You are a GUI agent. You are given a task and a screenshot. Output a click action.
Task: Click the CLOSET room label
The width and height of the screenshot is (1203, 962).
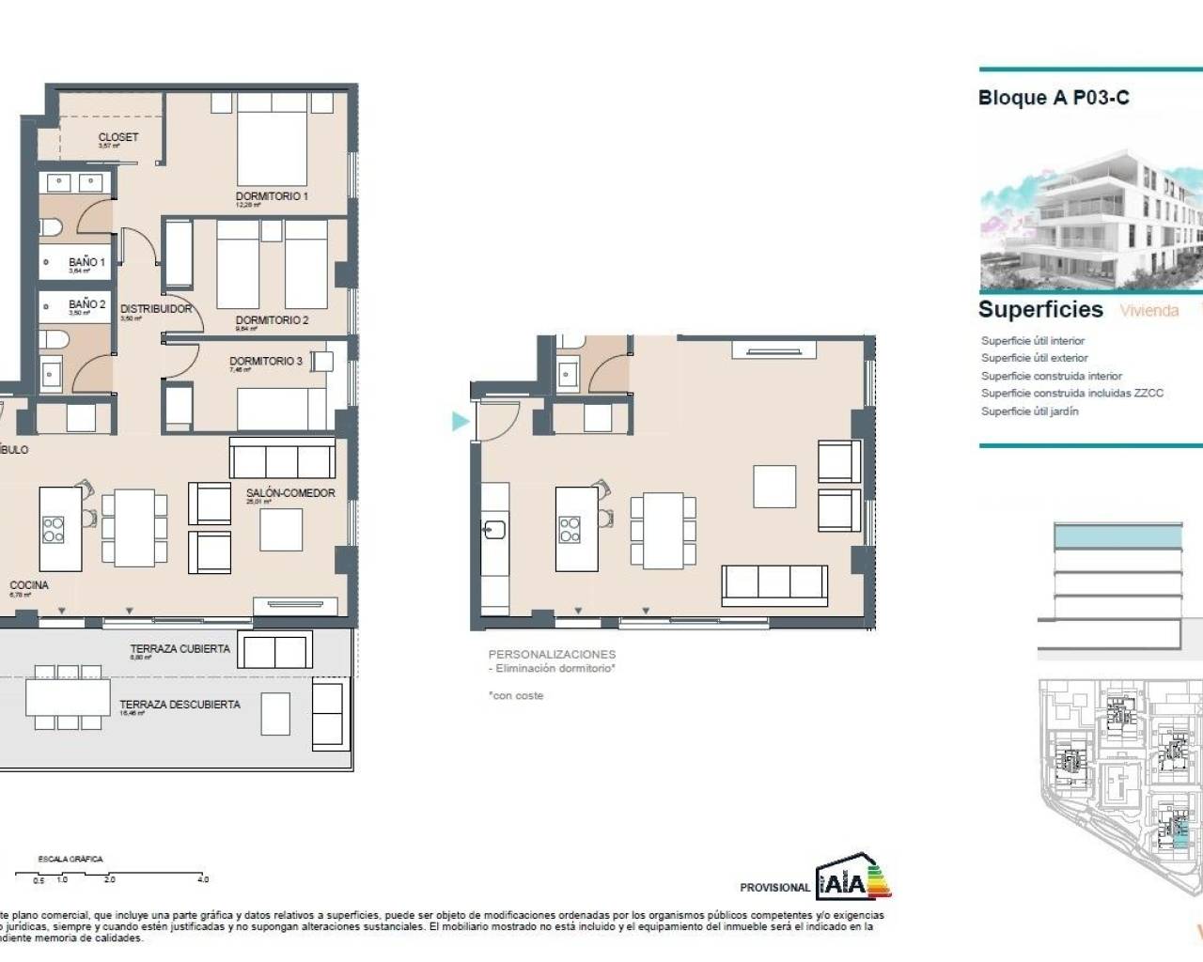coord(117,137)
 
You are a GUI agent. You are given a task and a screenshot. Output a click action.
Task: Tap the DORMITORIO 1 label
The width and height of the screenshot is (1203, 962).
coord(271,196)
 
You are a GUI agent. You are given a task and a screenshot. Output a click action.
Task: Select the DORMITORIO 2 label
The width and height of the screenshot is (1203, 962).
coord(271,320)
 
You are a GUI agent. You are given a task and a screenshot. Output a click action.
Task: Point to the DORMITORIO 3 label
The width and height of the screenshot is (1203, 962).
coord(266,361)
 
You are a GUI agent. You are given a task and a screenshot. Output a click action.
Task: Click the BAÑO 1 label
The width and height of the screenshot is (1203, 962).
coord(86,263)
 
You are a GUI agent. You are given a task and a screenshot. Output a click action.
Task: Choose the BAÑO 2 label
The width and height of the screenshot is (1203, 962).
coord(86,304)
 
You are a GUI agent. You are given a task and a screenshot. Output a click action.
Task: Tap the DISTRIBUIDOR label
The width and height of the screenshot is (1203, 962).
coord(156,309)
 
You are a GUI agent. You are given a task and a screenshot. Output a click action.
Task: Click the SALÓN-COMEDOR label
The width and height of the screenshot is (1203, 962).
coord(290,493)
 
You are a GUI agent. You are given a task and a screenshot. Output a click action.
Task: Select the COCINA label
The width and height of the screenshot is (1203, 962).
coord(29,585)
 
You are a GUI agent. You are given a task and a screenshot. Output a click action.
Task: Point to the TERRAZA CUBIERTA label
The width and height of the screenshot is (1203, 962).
coord(180,649)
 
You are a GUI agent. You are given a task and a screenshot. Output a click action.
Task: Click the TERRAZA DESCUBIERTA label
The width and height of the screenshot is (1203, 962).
coord(180,705)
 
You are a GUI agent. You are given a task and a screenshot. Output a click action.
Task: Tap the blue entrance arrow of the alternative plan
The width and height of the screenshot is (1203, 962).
coord(460,421)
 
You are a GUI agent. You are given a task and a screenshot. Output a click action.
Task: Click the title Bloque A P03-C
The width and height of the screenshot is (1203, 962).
coord(1054,98)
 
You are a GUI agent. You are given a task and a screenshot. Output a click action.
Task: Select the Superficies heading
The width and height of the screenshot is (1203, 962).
coord(1040,310)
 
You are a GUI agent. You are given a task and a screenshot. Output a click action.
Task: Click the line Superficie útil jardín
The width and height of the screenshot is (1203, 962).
coord(1029,411)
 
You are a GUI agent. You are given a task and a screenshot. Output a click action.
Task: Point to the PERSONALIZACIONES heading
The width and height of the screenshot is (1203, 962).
coord(552,654)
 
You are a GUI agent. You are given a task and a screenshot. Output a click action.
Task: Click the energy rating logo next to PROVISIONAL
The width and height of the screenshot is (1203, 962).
coord(852,877)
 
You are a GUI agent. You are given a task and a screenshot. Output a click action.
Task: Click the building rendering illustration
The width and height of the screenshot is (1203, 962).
coord(1090,220)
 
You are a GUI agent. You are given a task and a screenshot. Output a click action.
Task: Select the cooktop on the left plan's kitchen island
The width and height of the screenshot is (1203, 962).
coord(54,530)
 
